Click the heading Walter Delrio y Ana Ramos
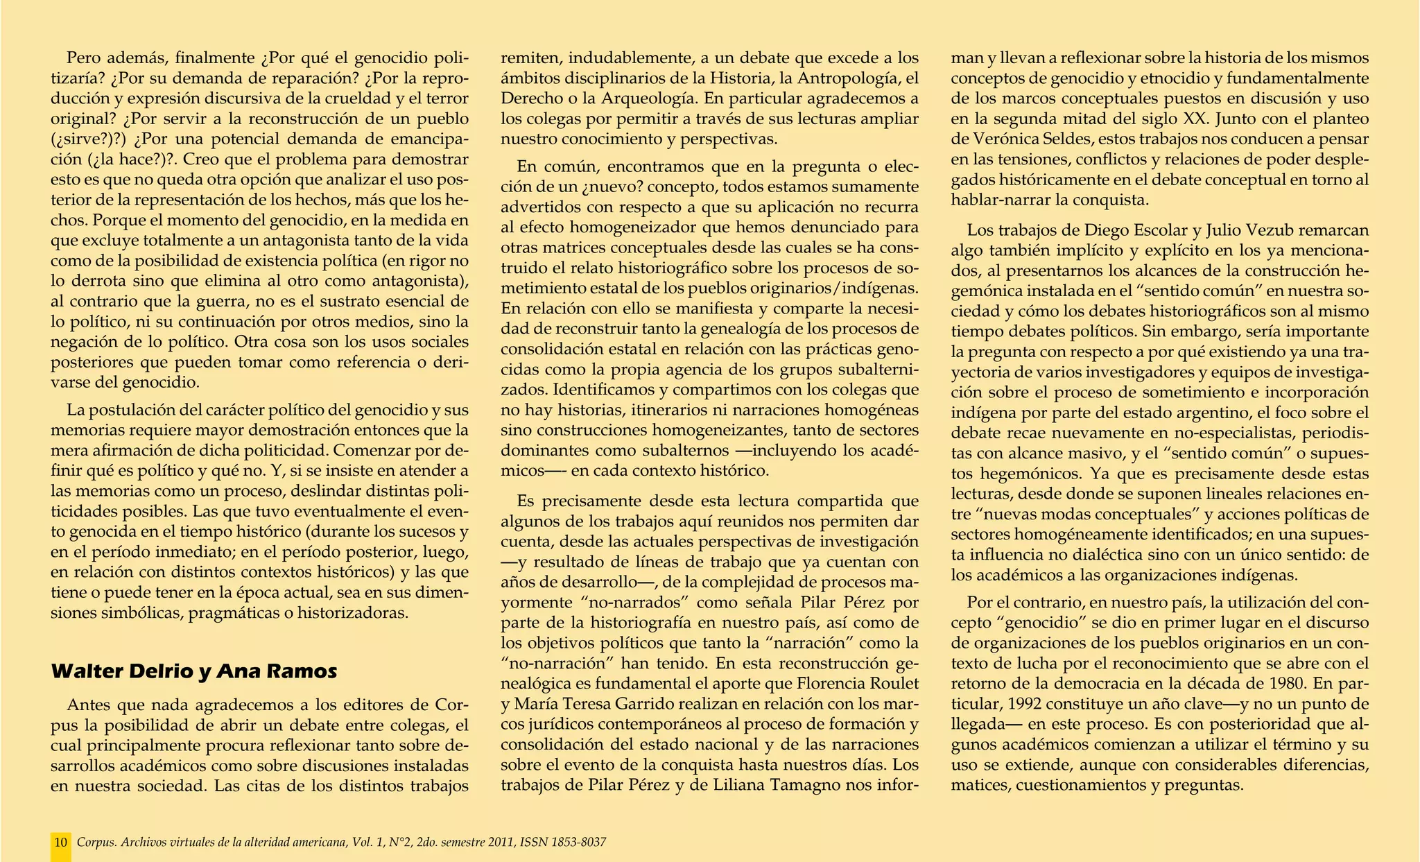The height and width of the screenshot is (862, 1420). click(194, 671)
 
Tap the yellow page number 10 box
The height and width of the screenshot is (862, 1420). click(61, 843)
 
